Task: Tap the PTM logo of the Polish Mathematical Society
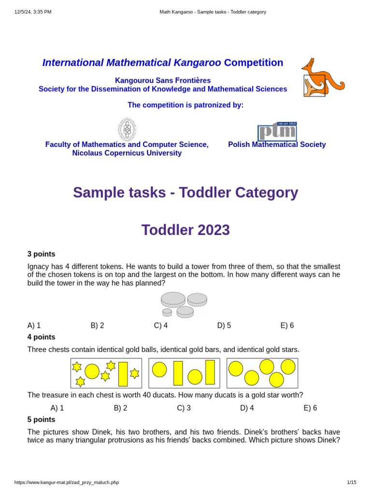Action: click(x=277, y=131)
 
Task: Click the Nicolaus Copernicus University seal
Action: click(x=127, y=130)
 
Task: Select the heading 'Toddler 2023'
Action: click(x=185, y=230)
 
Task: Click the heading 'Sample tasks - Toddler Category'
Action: click(x=185, y=192)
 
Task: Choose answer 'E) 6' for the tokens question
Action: click(x=287, y=325)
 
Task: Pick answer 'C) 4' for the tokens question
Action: click(x=161, y=325)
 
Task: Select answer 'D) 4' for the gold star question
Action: click(x=247, y=408)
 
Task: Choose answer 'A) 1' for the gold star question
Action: click(x=57, y=408)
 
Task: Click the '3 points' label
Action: click(x=41, y=254)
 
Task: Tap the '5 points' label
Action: click(x=41, y=420)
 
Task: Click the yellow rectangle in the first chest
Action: click(x=123, y=374)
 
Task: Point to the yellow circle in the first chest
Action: click(x=92, y=371)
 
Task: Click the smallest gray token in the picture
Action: click(x=167, y=312)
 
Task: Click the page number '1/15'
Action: click(x=351, y=482)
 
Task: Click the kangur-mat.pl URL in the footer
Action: click(x=67, y=482)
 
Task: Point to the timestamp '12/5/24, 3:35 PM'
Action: click(x=33, y=12)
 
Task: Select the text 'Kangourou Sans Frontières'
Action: click(x=163, y=81)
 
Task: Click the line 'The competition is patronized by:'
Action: click(x=185, y=105)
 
